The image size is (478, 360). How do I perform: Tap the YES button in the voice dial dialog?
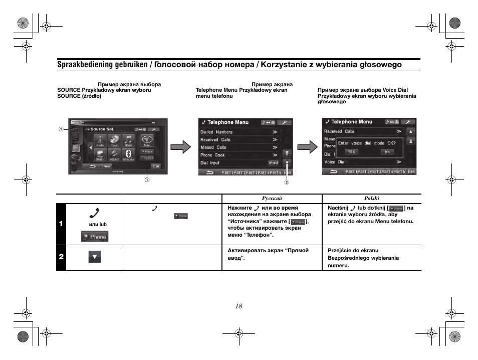tap(352, 151)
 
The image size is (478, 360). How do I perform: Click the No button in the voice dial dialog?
tap(387, 151)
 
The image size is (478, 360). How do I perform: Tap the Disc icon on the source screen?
tap(114, 141)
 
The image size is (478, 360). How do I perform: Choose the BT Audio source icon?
tap(129, 155)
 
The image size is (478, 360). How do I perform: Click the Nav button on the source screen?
tap(146, 141)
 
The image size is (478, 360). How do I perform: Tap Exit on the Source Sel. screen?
tap(156, 166)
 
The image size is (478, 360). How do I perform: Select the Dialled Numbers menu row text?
tap(216, 132)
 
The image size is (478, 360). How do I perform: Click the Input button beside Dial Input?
tap(273, 163)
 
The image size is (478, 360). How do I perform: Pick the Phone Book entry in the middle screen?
tap(213, 155)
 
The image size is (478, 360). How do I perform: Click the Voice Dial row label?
tap(335, 162)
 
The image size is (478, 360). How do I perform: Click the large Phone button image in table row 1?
tap(95, 237)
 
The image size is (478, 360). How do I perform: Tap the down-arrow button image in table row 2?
tap(95, 257)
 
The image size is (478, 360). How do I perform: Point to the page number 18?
tap(238, 306)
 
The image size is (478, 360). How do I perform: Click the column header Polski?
tap(371, 199)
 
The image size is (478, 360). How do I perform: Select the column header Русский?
tap(272, 199)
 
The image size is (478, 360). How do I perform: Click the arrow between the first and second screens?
tap(180, 147)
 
